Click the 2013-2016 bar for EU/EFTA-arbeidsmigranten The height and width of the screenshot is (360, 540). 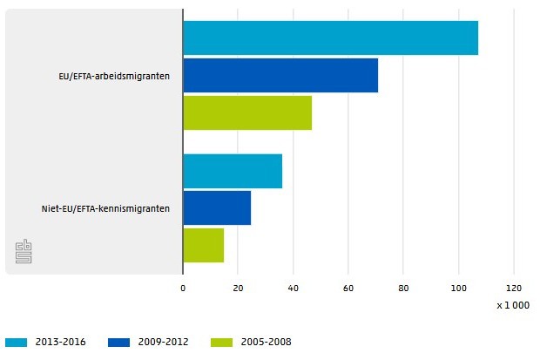point(330,37)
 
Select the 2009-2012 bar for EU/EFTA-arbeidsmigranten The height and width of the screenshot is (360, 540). point(280,75)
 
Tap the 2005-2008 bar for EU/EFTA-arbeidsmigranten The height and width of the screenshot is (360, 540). point(247,112)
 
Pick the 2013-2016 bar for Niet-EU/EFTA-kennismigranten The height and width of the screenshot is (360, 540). point(233,171)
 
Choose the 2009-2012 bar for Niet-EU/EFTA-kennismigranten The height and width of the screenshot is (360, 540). point(217,207)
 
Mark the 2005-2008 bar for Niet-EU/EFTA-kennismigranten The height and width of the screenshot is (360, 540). point(203,245)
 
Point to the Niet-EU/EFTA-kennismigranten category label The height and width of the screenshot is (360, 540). point(105,208)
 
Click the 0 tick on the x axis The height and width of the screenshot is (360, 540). point(183,288)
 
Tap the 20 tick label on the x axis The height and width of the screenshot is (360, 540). point(238,288)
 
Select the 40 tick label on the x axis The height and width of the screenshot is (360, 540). point(293,288)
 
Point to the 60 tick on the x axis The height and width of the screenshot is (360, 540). point(348,288)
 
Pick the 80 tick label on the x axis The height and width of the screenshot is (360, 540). point(403,288)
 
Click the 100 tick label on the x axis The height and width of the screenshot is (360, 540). point(458,288)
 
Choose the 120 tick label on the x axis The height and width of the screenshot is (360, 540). point(513,288)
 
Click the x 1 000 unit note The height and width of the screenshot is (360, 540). point(513,306)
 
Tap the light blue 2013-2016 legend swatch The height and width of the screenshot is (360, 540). point(17,343)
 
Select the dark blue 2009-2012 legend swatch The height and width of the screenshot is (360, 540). point(119,343)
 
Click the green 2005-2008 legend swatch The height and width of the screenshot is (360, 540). point(222,343)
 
